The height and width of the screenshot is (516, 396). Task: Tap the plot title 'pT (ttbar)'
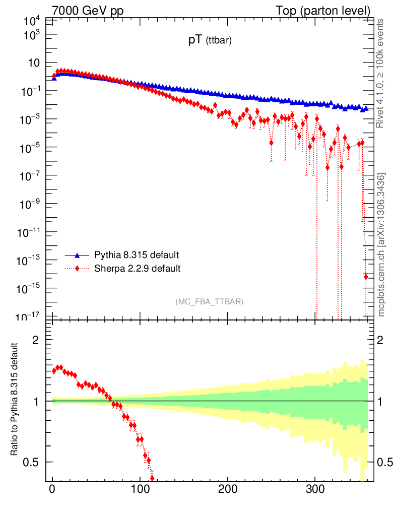[x=210, y=42]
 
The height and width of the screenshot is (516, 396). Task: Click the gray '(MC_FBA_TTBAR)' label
[x=209, y=302]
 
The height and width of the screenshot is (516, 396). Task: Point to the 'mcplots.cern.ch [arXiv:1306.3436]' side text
[x=381, y=245]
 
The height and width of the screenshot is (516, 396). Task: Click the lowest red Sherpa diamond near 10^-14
[x=366, y=276]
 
